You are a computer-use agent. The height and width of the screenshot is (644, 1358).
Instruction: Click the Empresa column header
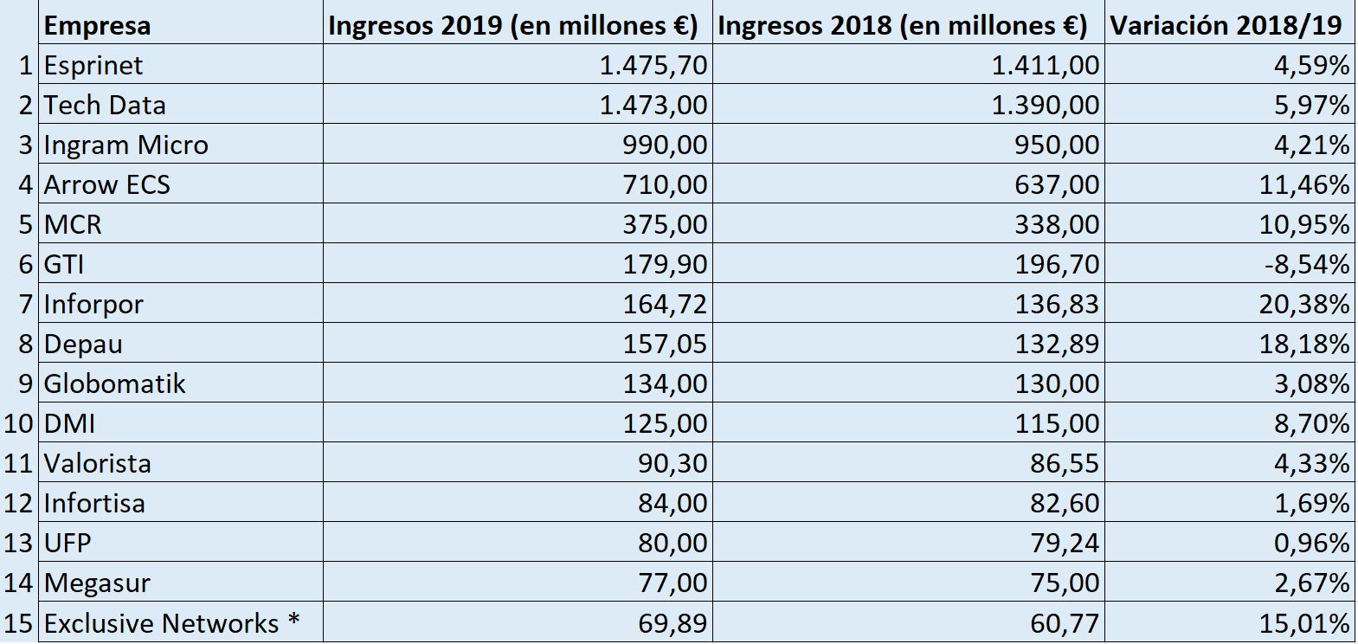(x=97, y=25)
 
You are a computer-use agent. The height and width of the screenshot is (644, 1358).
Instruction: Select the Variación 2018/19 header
(x=1226, y=25)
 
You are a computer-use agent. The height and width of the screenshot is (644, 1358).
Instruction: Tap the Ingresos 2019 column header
(x=512, y=25)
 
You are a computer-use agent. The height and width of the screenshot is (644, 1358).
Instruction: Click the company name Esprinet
(x=93, y=65)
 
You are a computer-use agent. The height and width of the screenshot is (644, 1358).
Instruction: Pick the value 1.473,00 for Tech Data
(x=653, y=105)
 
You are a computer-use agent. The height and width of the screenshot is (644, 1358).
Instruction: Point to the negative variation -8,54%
(x=1306, y=264)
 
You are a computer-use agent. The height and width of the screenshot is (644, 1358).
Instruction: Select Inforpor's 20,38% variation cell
(x=1304, y=304)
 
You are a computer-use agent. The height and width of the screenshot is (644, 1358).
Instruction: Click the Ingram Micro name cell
(x=126, y=145)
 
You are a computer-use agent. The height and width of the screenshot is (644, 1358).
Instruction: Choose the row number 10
(x=19, y=423)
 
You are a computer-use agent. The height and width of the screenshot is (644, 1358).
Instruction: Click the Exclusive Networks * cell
(x=171, y=623)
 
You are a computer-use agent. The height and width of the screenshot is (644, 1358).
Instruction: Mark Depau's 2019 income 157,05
(x=665, y=344)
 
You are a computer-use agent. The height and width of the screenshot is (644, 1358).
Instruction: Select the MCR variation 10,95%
(x=1304, y=224)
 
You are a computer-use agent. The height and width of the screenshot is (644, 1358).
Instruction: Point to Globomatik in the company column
(x=114, y=383)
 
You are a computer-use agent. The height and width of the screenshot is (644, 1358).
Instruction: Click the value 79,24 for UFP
(x=1064, y=543)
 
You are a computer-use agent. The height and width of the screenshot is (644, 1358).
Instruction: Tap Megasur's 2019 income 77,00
(x=673, y=583)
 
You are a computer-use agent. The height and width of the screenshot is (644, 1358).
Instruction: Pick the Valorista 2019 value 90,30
(x=673, y=463)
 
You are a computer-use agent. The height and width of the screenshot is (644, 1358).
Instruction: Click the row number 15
(x=19, y=623)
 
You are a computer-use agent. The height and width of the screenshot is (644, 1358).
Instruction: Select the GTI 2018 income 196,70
(x=1057, y=264)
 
